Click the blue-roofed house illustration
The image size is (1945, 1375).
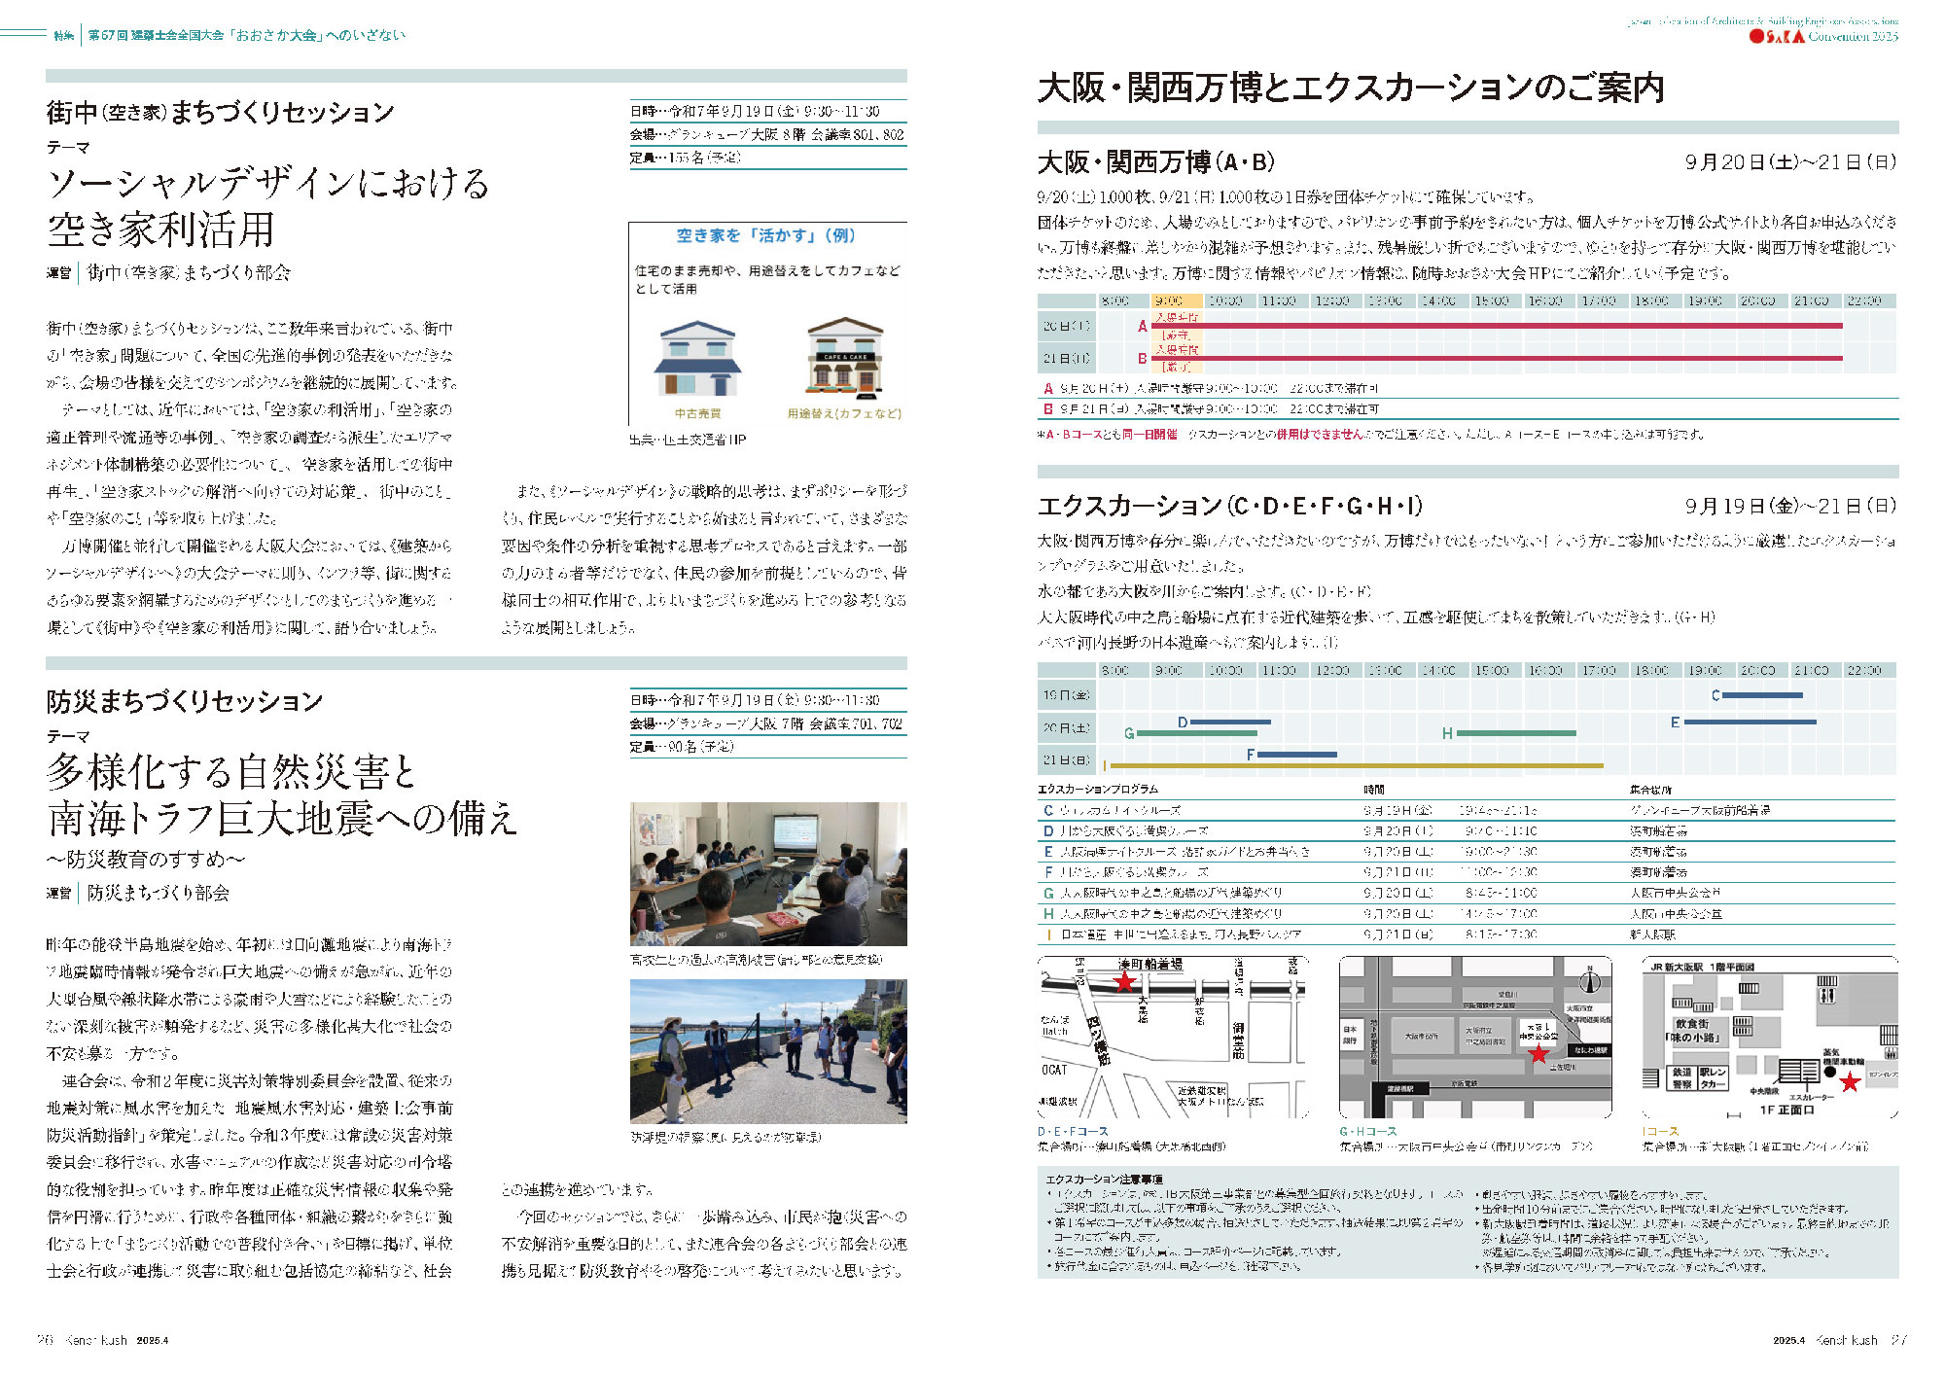(697, 359)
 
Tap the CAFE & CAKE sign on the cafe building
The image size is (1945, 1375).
(845, 357)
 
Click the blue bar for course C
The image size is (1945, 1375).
(1761, 695)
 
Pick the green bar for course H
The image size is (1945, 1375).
(1516, 733)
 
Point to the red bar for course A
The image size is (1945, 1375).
(1498, 326)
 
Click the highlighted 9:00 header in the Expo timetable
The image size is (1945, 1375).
(1176, 300)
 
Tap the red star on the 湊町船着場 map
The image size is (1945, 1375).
(1124, 981)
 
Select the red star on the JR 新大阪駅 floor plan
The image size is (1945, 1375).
(1850, 1082)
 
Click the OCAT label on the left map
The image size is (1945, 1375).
(1054, 1070)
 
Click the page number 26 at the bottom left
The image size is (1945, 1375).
(45, 1340)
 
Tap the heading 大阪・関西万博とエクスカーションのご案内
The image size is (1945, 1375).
(1351, 88)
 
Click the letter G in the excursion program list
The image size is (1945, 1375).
(1048, 893)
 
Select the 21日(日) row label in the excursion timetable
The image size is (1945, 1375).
(1066, 760)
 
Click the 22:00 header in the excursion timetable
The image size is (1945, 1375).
(1864, 670)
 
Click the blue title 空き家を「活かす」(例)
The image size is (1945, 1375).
(765, 235)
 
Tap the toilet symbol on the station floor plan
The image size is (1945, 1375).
(1827, 995)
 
